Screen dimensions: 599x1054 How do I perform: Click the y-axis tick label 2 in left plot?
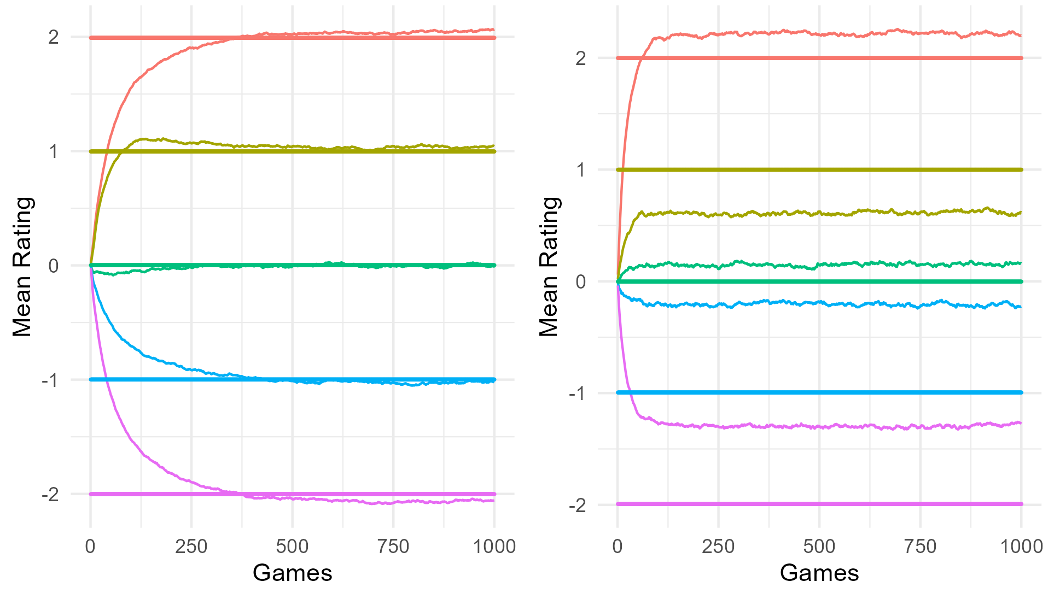click(x=53, y=37)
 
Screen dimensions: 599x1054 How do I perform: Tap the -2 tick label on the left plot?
click(x=50, y=495)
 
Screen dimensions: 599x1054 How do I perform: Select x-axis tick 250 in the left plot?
click(x=191, y=546)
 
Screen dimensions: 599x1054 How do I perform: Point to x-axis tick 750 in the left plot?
click(x=393, y=546)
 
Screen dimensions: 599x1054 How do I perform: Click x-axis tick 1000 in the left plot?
click(x=494, y=546)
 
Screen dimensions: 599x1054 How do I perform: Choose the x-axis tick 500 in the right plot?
click(x=819, y=546)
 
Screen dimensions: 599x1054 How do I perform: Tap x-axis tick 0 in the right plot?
click(x=618, y=546)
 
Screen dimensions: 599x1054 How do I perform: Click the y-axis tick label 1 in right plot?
click(x=580, y=170)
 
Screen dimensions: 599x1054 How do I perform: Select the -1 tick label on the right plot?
click(x=577, y=393)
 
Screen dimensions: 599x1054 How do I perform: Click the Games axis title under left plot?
click(x=292, y=573)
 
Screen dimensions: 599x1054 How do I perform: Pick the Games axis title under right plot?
click(x=819, y=573)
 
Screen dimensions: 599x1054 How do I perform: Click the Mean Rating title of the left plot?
click(x=22, y=266)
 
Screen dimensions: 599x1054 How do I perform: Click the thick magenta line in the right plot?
click(x=820, y=504)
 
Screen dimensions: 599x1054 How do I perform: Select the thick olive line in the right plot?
click(x=820, y=170)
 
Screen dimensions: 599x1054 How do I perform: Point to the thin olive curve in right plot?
click(x=820, y=213)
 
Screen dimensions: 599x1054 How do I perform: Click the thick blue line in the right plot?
click(x=820, y=392)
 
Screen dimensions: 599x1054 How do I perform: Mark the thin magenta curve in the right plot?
click(x=820, y=426)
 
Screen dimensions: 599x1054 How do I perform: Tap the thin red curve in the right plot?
click(x=820, y=34)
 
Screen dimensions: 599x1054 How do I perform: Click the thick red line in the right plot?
click(x=820, y=58)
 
